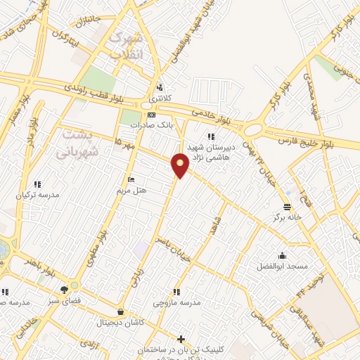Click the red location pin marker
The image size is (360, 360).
[180, 165]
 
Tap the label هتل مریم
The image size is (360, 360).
[130, 191]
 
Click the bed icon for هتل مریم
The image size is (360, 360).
[130, 180]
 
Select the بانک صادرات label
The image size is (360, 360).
[150, 124]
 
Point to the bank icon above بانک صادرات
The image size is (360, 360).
[150, 115]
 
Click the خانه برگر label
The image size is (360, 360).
[287, 217]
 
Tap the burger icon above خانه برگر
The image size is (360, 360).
[287, 207]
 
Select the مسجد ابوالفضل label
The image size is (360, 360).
[282, 267]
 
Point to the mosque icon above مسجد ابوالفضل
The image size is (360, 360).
[282, 256]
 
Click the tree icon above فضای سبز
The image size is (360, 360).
[65, 289]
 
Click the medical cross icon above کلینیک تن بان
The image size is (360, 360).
[181, 339]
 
